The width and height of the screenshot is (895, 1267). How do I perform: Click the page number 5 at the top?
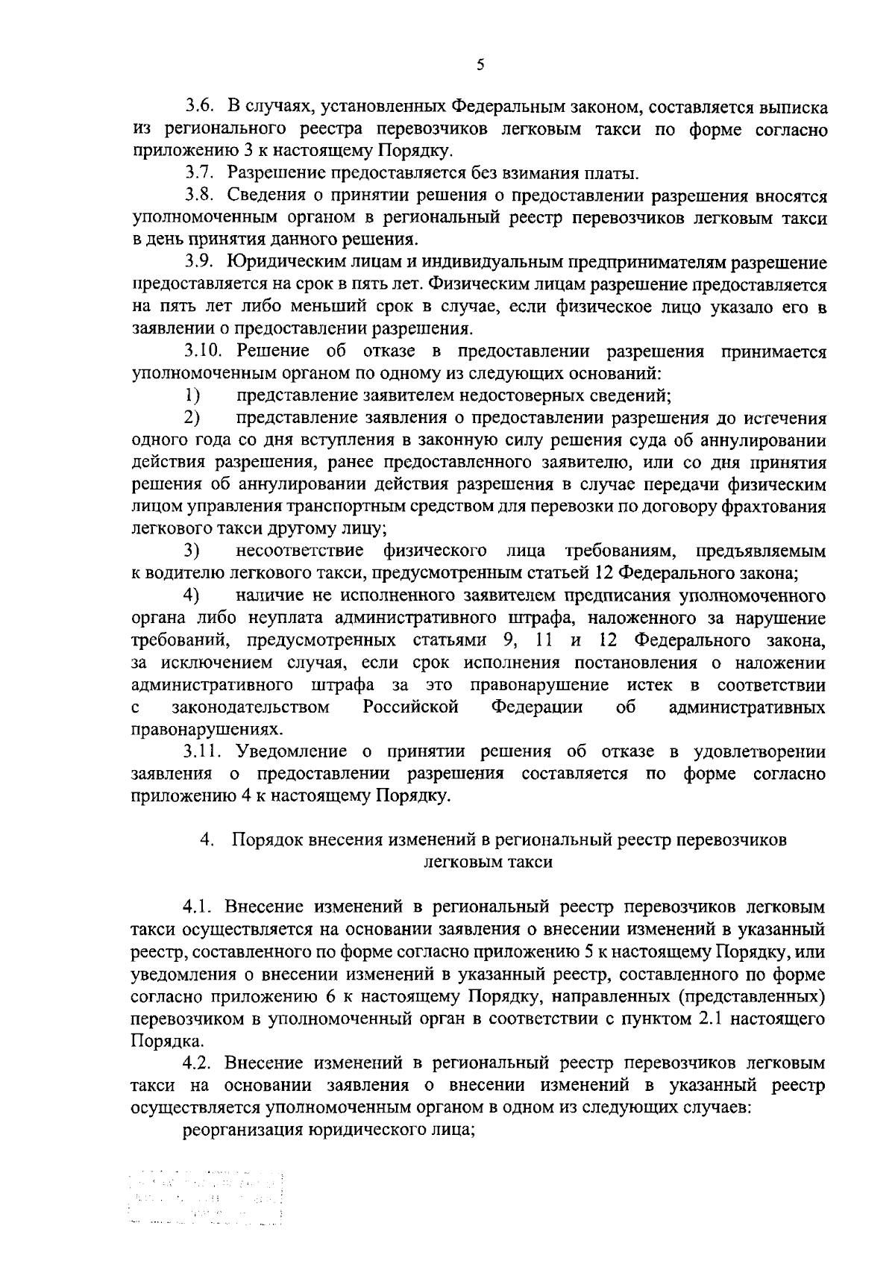480,65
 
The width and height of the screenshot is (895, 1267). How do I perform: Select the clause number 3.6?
201,107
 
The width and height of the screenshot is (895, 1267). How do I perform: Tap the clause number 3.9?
201,263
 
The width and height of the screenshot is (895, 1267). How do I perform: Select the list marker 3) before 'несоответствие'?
192,551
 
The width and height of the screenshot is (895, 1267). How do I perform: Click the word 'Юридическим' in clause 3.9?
284,263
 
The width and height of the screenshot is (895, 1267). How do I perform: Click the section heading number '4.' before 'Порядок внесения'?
207,839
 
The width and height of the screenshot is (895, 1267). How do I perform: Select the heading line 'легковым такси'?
488,862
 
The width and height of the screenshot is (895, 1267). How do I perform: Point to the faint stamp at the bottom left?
208,1205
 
